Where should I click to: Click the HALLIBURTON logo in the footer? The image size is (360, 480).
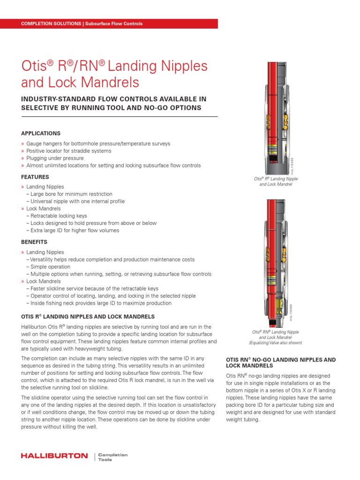point(54,456)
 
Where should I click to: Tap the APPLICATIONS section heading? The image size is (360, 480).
point(41,134)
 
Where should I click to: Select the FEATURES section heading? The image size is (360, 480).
point(35,177)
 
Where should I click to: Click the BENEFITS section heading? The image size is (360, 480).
point(34,242)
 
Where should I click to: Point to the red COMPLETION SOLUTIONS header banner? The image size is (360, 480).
point(109,23)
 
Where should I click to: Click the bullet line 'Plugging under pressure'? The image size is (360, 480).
point(55,158)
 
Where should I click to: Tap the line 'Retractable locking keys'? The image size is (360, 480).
point(60,216)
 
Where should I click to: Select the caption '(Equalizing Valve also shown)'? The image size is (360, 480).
point(276,343)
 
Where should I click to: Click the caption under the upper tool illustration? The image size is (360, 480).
point(276,182)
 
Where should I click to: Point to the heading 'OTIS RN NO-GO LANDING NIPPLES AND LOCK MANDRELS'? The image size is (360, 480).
point(281,362)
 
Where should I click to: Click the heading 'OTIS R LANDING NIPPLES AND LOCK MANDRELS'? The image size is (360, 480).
point(88,316)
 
